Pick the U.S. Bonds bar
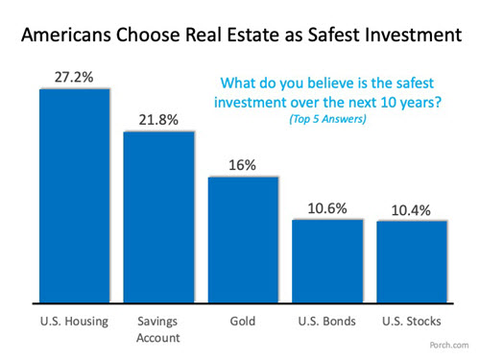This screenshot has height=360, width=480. coord(328,260)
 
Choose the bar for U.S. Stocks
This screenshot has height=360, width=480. coord(413,261)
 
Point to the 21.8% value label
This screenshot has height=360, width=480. coord(159,120)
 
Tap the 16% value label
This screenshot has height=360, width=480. coord(244,165)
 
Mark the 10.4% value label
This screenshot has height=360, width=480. coord(413,210)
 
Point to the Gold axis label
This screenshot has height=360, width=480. coord(244,317)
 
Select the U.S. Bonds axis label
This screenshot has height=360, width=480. coord(328,317)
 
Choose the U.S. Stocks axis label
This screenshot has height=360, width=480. coord(413,317)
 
